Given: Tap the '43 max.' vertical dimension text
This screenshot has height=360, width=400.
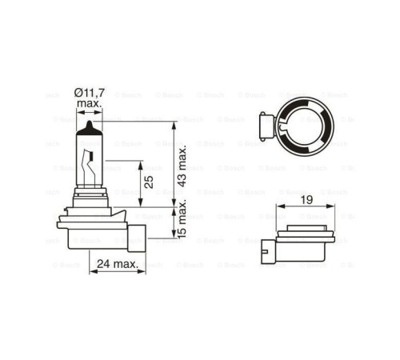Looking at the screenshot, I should (x=182, y=165).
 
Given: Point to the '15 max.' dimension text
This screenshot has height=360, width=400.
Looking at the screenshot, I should (x=182, y=222).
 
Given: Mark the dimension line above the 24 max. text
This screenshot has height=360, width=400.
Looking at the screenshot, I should (x=116, y=270).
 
